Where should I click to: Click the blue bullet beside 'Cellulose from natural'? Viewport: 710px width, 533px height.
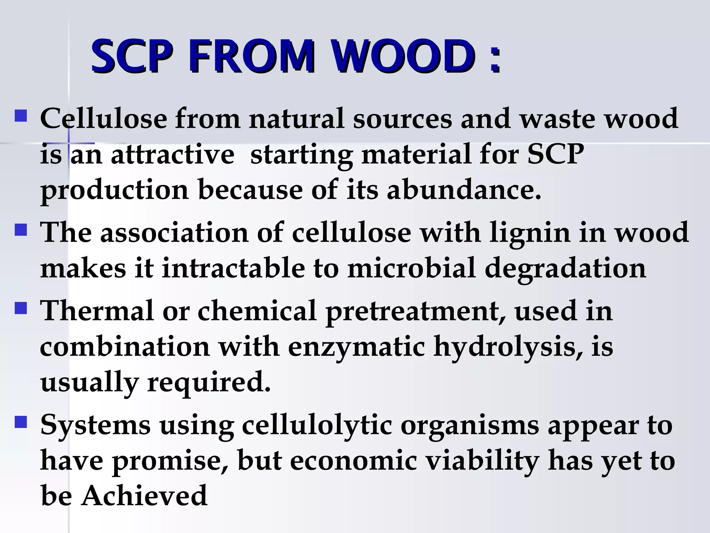pos(21,116)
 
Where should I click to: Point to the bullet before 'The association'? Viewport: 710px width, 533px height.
pos(21,230)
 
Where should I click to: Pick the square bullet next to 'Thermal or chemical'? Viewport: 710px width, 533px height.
pos(21,308)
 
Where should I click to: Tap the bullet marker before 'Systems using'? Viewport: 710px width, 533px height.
pos(21,422)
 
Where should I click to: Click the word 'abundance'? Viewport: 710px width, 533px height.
pos(464,190)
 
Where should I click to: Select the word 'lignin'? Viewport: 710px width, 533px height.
pos(529,232)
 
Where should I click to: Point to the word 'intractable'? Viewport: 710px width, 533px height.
pos(233,268)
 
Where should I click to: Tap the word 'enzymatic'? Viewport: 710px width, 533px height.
pos(356,347)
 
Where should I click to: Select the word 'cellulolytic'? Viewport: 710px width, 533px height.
pos(317,425)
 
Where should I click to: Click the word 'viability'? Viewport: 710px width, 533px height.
pos(482,461)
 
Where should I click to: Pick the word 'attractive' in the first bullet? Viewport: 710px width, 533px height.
pos(172,154)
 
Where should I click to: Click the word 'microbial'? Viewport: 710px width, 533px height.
pos(412,268)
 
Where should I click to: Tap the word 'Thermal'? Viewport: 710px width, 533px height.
pos(97,311)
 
